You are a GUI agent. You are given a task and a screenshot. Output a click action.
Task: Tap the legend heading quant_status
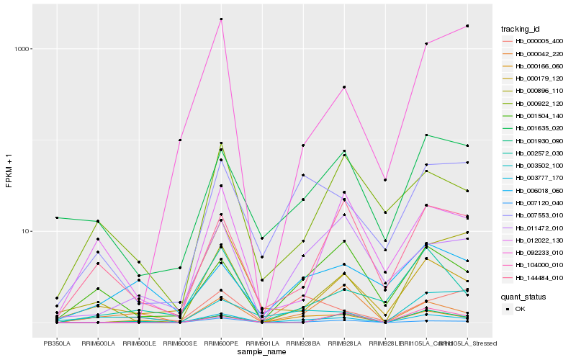pyautogui.click(x=523, y=296)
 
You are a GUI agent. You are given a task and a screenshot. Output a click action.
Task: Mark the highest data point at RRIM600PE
pyautogui.click(x=221, y=19)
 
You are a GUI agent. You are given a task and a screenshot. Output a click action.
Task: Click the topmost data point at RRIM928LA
pyautogui.click(x=344, y=87)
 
